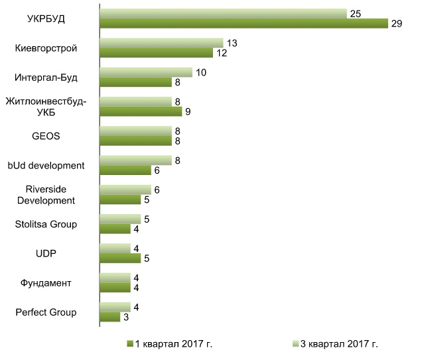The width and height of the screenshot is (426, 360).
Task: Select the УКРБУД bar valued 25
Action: [x=223, y=14]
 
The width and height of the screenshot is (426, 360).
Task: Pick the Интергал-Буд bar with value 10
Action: [x=145, y=72]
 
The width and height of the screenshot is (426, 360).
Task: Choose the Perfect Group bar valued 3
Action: [x=109, y=318]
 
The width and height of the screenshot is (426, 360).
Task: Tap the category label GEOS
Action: [x=46, y=137]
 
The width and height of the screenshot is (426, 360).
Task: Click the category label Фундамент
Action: [x=47, y=283]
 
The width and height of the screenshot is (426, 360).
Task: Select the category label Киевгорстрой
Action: [x=46, y=48]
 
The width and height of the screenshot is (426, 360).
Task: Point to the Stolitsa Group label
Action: [x=46, y=224]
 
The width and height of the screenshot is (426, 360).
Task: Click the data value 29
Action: [x=397, y=24]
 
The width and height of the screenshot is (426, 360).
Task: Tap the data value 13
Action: [x=232, y=43]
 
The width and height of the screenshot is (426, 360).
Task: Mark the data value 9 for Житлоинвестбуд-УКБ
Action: [x=187, y=112]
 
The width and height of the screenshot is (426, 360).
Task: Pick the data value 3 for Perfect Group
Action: [x=125, y=318]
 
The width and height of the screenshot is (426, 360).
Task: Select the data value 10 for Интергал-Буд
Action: [x=200, y=72]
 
